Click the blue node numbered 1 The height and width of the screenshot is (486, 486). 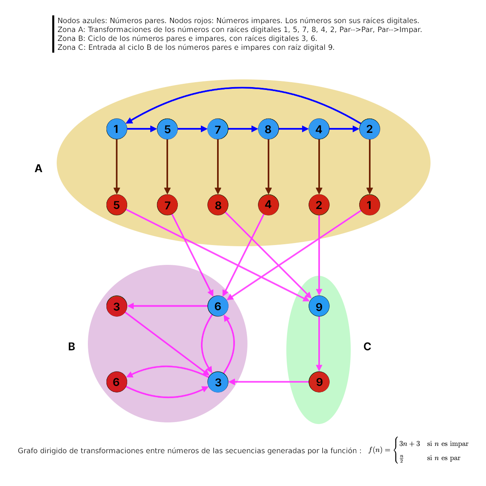(x=117, y=129)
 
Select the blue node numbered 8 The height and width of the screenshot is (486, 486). (x=268, y=129)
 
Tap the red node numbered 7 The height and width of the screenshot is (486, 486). (x=167, y=205)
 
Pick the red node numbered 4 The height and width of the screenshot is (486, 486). (x=269, y=205)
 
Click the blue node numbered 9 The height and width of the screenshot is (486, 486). (x=319, y=306)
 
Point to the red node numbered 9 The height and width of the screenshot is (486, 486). (x=319, y=382)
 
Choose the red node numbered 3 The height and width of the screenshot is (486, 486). (x=117, y=306)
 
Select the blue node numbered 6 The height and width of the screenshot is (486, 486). (x=217, y=306)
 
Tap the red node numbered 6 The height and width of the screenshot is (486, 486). (x=117, y=382)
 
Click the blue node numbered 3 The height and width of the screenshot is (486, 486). (x=217, y=382)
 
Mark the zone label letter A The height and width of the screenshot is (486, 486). (x=38, y=168)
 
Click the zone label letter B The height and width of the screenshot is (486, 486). (x=72, y=346)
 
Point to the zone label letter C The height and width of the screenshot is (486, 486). (x=367, y=346)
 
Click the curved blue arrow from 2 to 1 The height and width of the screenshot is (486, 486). (x=242, y=88)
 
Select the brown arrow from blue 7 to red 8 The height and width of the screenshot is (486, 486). (x=217, y=167)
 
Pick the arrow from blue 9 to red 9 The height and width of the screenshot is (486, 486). (x=319, y=344)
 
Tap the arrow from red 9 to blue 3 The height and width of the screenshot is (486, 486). (x=269, y=382)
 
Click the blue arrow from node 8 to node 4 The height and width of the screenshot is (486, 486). (x=294, y=129)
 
